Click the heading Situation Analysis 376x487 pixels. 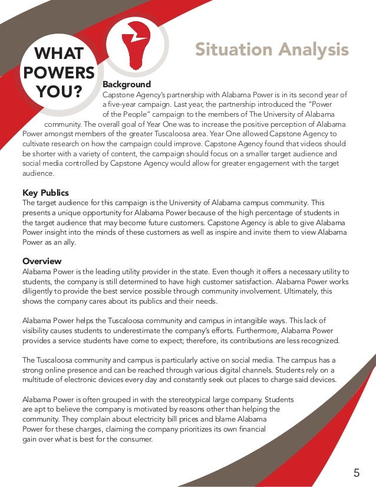click(272, 50)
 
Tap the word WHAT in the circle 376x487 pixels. click(58, 54)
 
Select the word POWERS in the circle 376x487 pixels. click(58, 73)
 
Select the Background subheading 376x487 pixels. click(127, 84)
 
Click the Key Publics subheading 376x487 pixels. click(45, 193)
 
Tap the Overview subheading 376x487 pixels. click(42, 261)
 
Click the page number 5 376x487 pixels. click(357, 472)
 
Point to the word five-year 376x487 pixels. click(121, 104)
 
